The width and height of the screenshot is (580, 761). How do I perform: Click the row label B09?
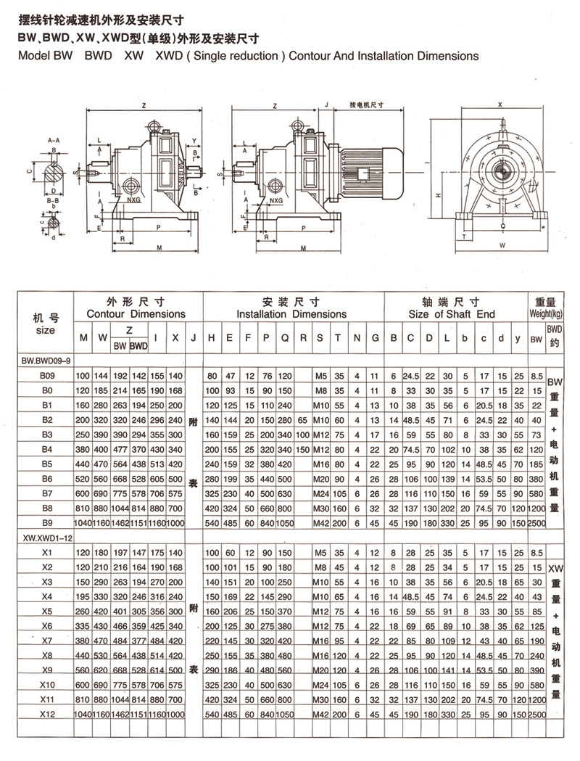tap(47, 376)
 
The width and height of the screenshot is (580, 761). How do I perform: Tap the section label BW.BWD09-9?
tap(43, 359)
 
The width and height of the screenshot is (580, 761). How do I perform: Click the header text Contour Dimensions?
tap(136, 314)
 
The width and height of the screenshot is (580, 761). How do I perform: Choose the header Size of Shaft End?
tap(452, 314)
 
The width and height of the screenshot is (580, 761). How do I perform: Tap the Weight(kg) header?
tap(544, 315)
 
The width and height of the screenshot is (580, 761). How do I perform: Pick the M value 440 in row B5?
tap(83, 463)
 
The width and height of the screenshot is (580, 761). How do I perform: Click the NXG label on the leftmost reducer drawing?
tap(132, 198)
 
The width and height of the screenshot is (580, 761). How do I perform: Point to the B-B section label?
tap(53, 198)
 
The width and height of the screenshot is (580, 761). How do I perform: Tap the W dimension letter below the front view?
tap(500, 245)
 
